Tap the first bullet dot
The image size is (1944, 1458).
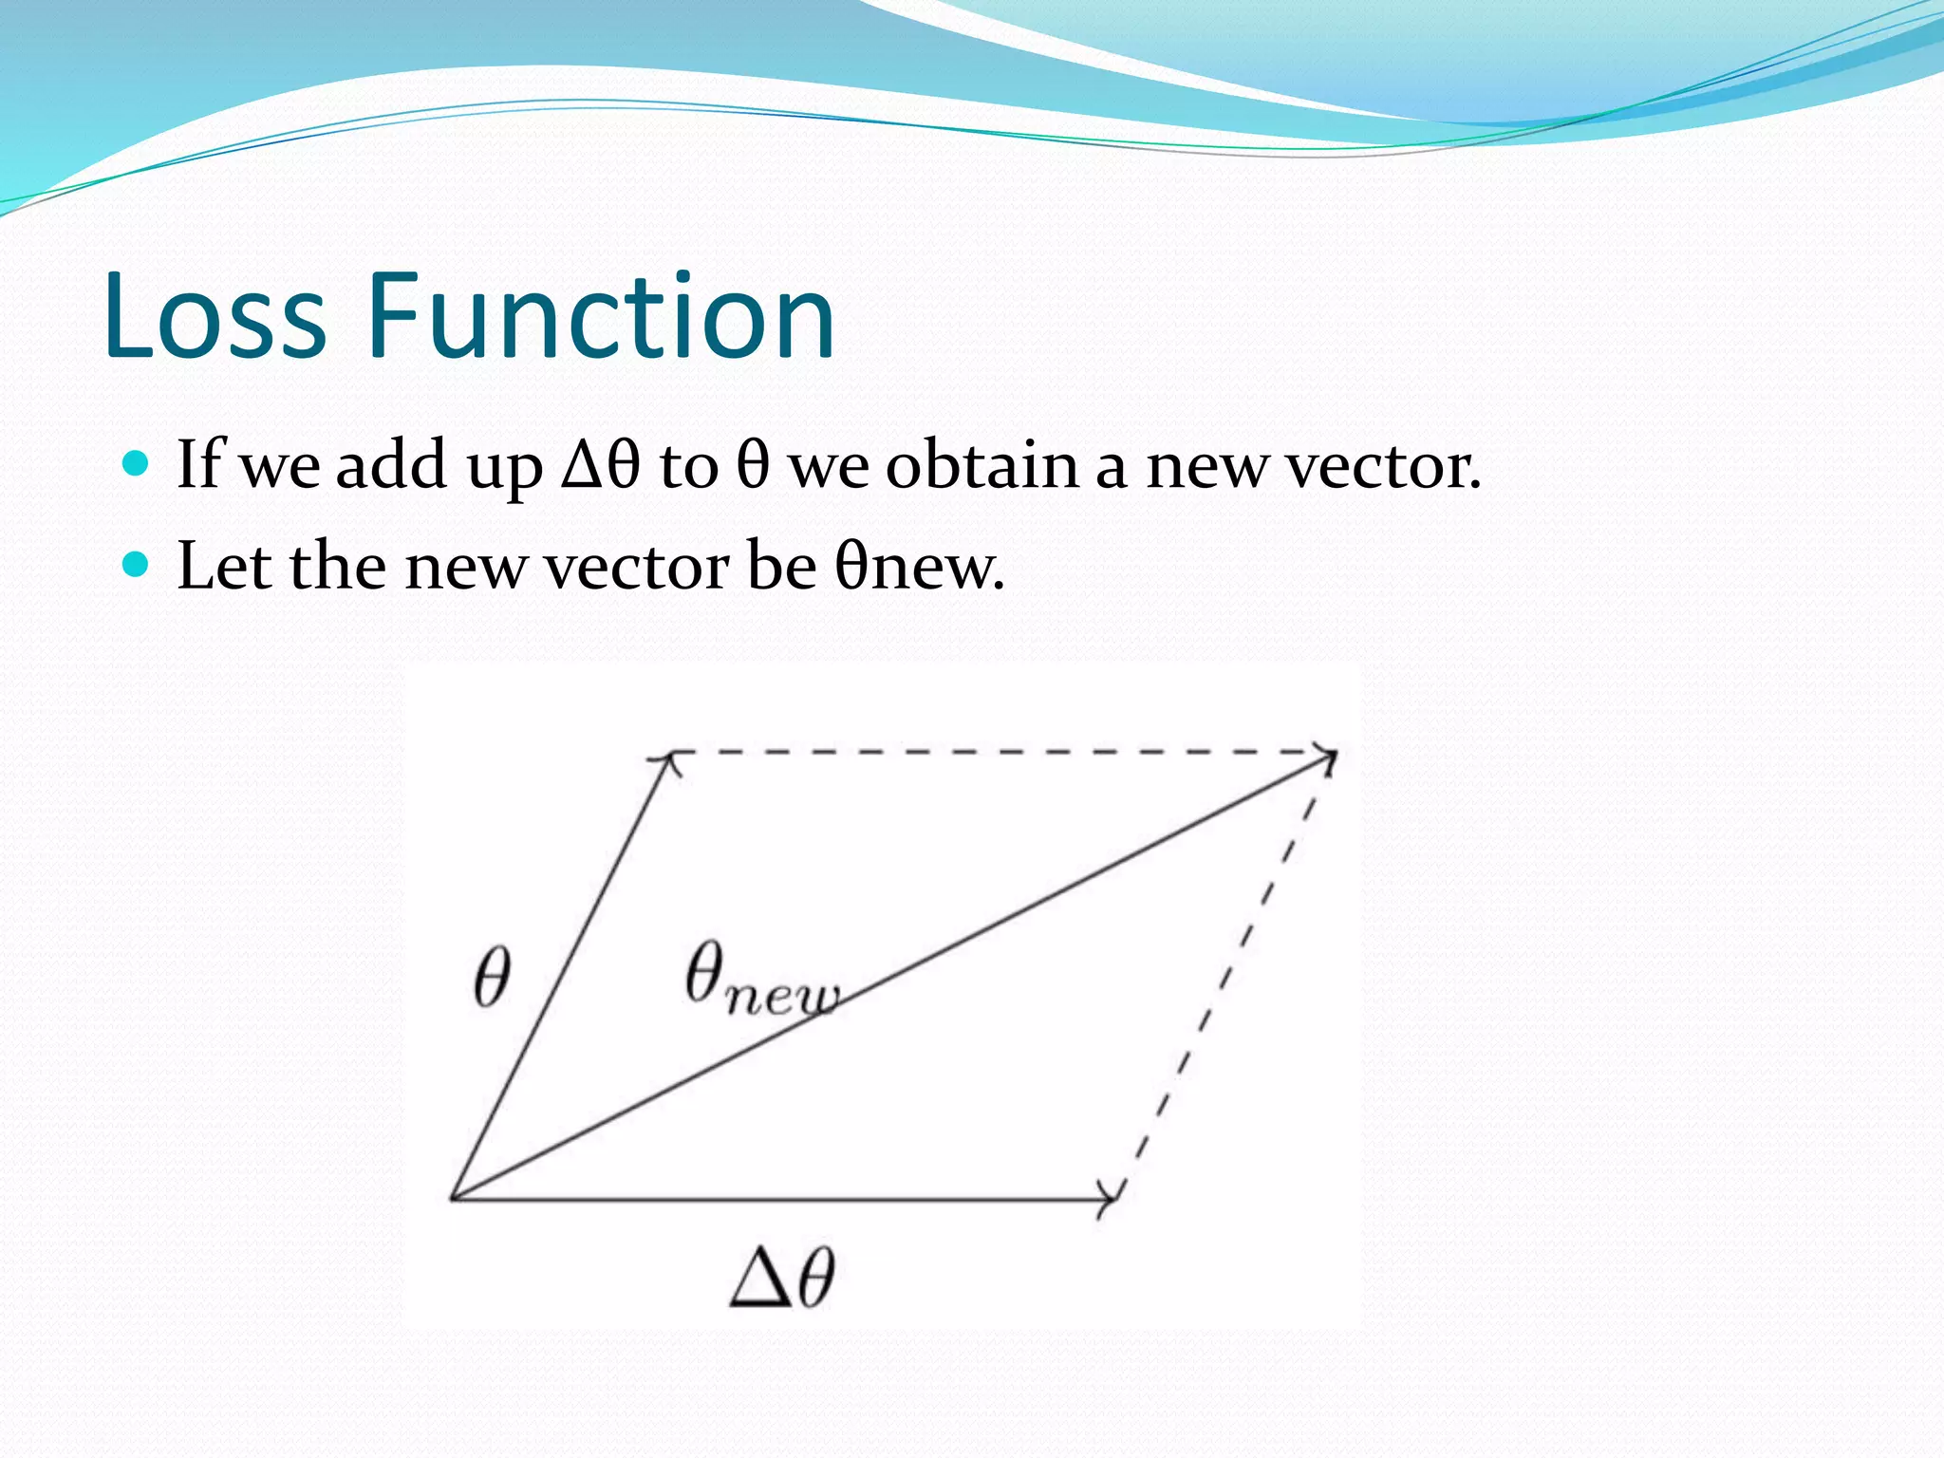pyautogui.click(x=138, y=463)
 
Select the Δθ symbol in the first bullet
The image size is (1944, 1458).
pyautogui.click(x=601, y=465)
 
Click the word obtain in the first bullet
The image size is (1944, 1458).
pyautogui.click(x=981, y=465)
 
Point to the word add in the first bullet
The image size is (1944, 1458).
pyautogui.click(x=391, y=465)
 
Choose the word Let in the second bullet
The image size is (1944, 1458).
pyautogui.click(x=225, y=566)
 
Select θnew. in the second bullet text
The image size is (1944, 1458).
pyautogui.click(x=919, y=566)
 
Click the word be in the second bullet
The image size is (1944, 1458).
pyautogui.click(x=781, y=566)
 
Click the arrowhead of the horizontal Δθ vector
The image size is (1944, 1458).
pyautogui.click(x=1109, y=1199)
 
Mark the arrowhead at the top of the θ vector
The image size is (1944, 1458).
pyautogui.click(x=668, y=758)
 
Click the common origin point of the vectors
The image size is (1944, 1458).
pyautogui.click(x=453, y=1198)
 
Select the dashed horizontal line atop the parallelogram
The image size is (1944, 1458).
pyautogui.click(x=997, y=752)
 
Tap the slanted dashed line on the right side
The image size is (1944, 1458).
pyautogui.click(x=1224, y=978)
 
